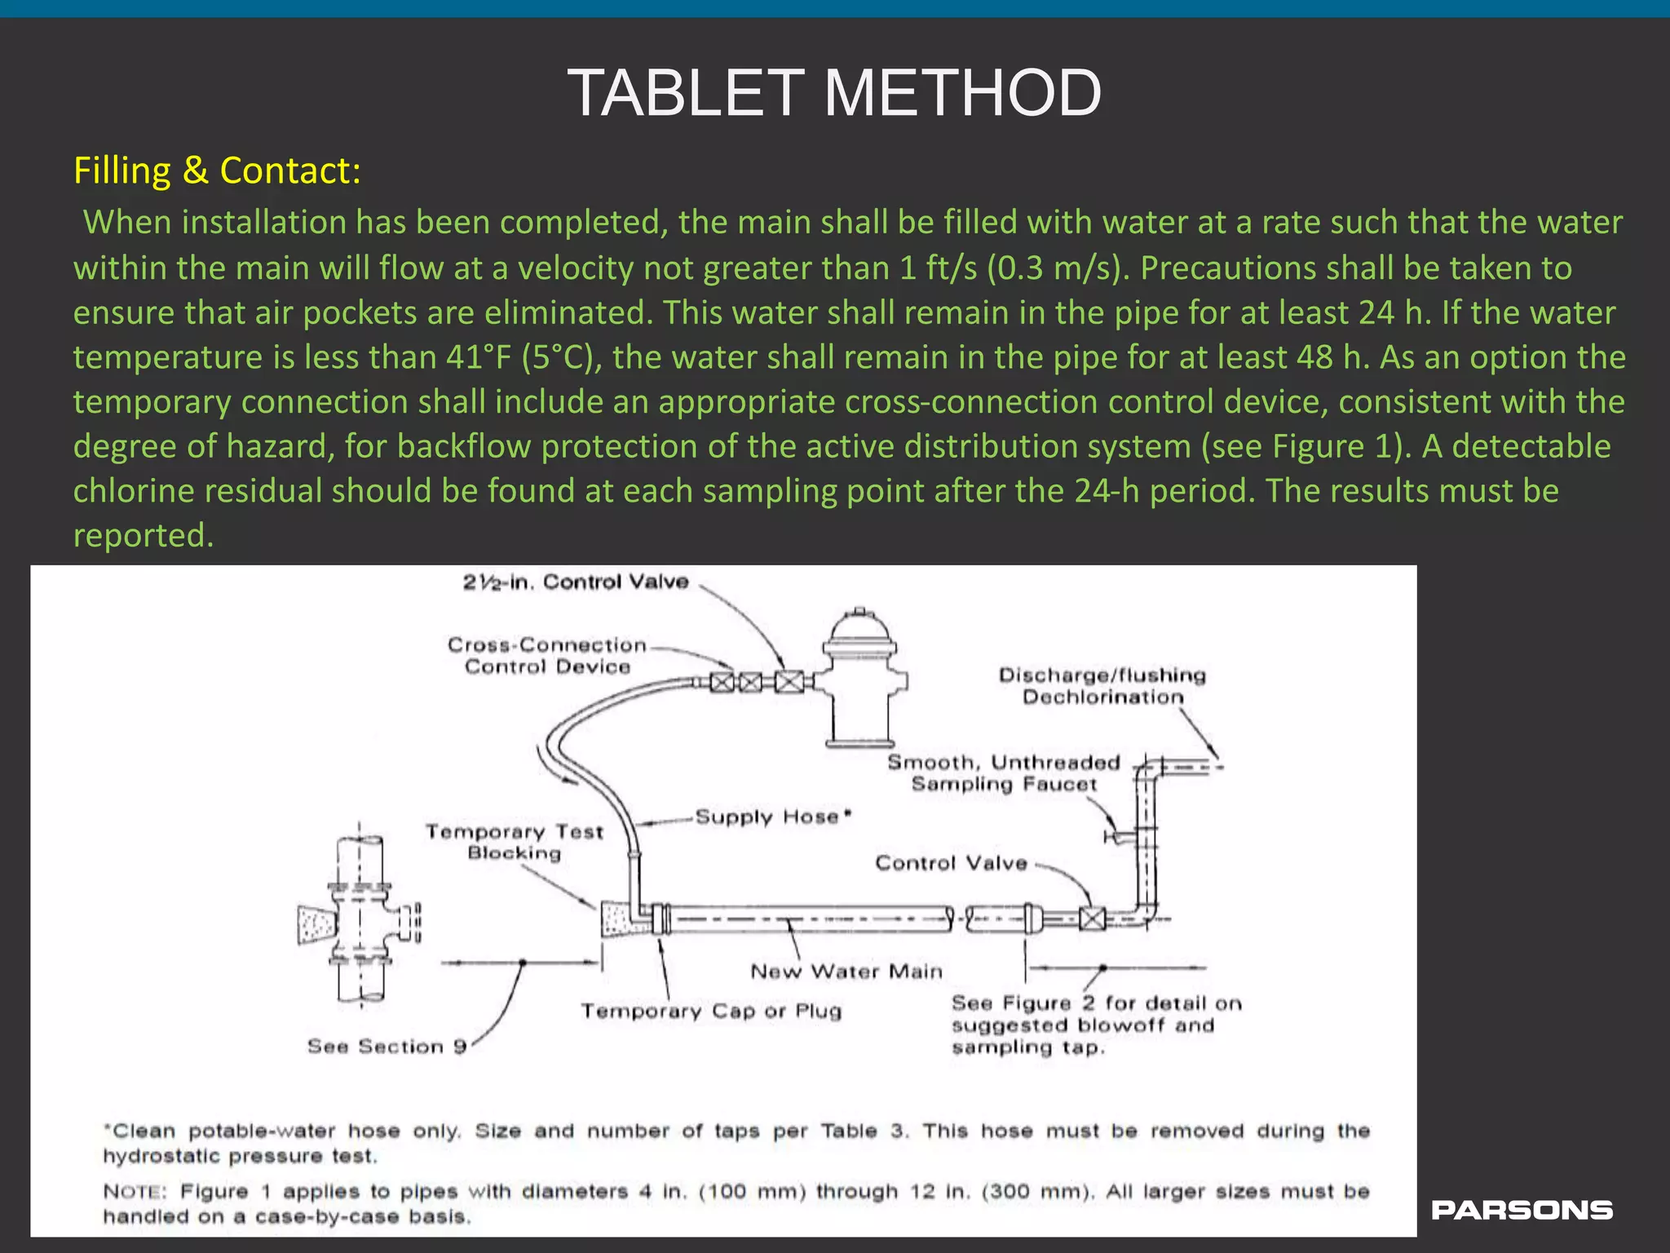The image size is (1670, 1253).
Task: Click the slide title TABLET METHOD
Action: point(833,93)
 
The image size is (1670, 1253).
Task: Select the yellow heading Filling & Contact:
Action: point(217,170)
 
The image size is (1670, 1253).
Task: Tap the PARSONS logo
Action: point(1522,1210)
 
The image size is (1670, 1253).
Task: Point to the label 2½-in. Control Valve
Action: point(576,582)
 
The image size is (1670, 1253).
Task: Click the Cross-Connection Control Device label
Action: point(546,656)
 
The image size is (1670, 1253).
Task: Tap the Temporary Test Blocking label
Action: point(514,842)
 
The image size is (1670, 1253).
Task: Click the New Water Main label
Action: point(846,971)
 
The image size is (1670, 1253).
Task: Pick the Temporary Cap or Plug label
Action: point(710,1011)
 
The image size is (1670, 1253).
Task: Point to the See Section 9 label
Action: point(387,1046)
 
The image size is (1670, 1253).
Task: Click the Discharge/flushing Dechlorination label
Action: point(1102,685)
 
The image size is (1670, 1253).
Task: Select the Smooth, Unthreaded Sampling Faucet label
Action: point(1004,773)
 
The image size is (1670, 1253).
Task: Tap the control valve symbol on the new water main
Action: point(1092,919)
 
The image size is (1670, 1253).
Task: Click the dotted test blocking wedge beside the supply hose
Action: point(619,920)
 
